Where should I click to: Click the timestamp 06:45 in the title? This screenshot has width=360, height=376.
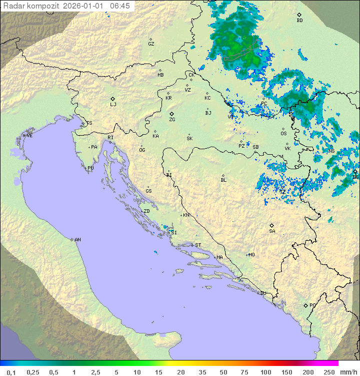120,6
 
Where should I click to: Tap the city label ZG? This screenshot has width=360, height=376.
172,120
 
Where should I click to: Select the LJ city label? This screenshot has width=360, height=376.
113,104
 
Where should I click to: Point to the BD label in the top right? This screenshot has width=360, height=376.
299,21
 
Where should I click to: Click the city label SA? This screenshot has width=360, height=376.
272,231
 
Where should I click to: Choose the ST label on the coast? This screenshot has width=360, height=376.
198,245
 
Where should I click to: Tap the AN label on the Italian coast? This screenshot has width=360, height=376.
77,240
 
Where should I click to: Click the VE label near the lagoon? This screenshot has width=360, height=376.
29,136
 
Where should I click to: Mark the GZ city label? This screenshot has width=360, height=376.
151,44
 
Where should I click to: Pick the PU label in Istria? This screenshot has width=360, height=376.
90,168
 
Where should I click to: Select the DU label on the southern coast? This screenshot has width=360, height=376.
262,293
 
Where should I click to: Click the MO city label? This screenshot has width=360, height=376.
251,254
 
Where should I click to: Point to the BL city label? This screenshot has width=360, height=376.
223,180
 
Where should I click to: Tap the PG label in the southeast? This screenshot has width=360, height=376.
312,305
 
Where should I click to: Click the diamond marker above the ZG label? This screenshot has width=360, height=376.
171,114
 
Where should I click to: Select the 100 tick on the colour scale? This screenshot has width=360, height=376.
265,372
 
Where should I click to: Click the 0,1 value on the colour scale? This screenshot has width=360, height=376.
11,372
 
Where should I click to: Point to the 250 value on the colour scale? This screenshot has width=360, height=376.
328,372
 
